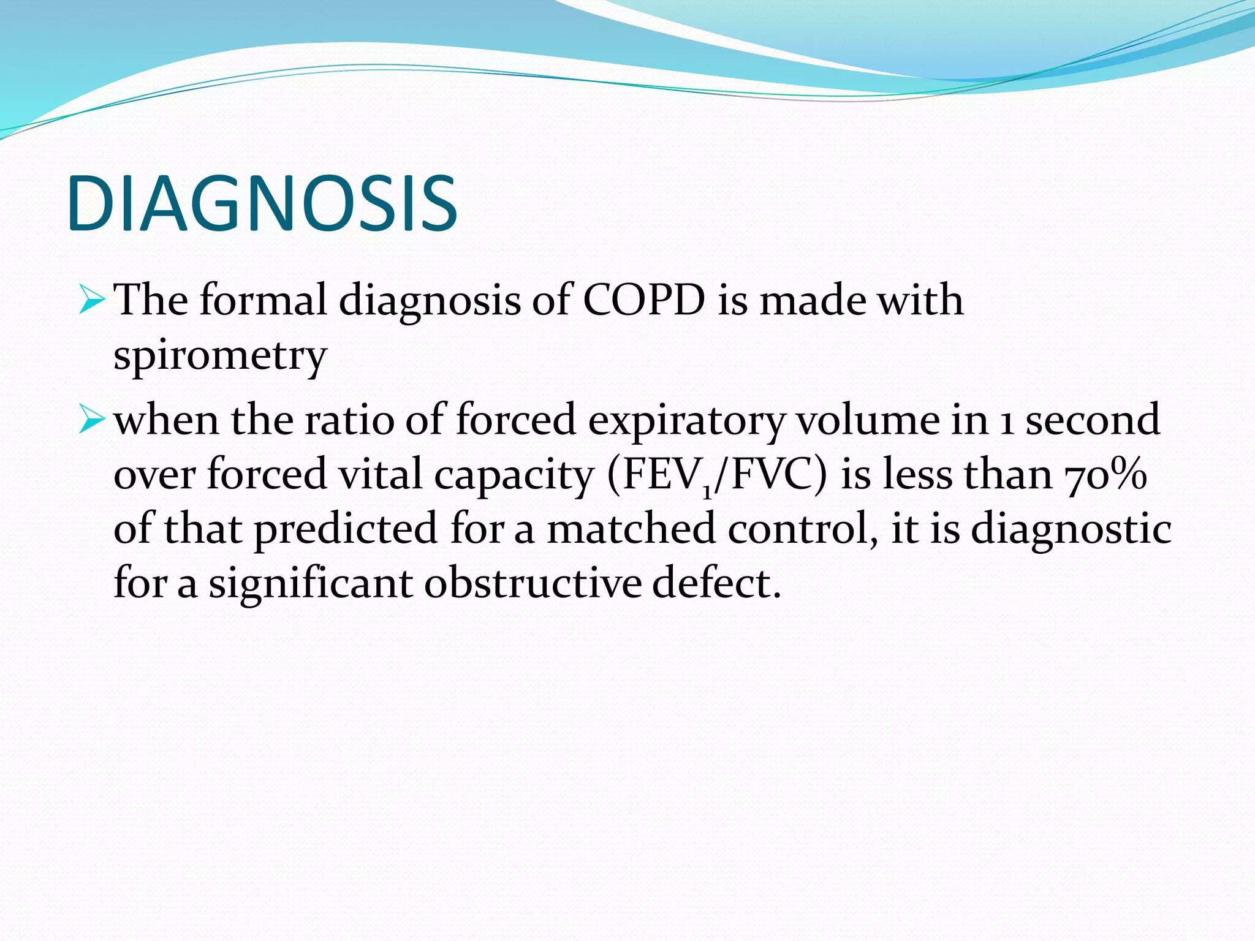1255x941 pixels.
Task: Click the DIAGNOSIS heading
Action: (x=262, y=203)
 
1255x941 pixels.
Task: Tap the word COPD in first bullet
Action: (x=643, y=301)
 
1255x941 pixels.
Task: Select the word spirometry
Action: (x=220, y=356)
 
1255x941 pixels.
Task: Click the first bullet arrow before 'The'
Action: (x=93, y=301)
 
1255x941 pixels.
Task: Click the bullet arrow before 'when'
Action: (x=93, y=421)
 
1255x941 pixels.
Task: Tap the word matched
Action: (x=631, y=529)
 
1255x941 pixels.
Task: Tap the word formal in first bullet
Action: (x=264, y=301)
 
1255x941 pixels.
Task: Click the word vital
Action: (x=381, y=475)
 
